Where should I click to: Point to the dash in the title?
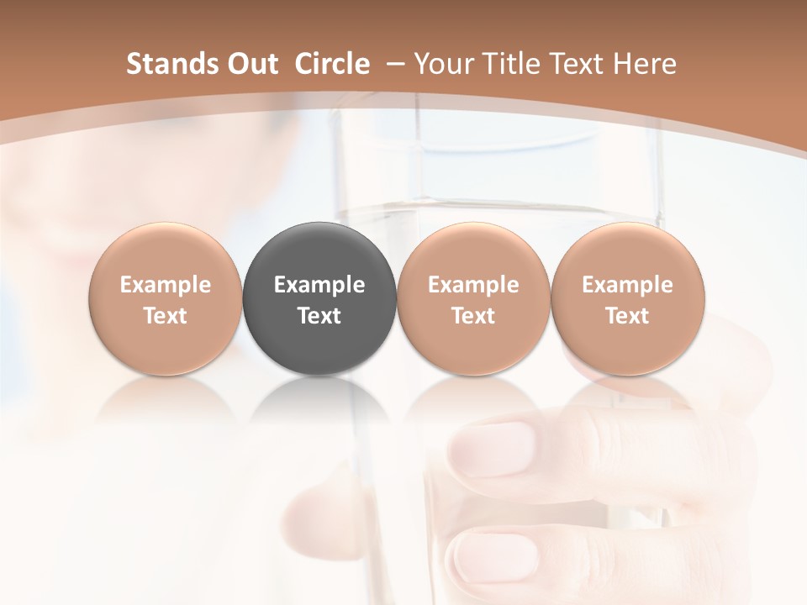[x=393, y=64]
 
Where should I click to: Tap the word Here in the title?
[x=647, y=64]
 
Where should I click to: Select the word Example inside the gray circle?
[x=319, y=285]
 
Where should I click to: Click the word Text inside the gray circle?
[x=319, y=316]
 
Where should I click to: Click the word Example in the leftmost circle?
[x=166, y=285]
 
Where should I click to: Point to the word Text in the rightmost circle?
[x=628, y=316]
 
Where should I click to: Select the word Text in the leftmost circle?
[x=166, y=316]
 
